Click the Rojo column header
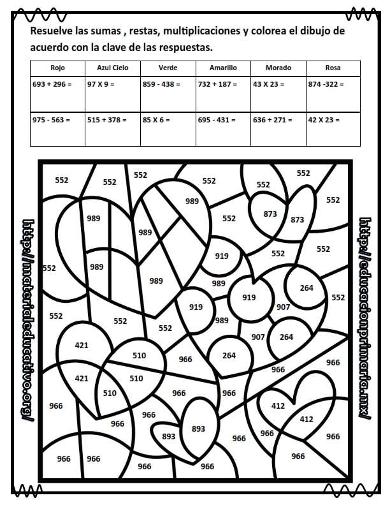coord(58,68)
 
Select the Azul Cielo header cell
coord(113,68)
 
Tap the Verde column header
coord(168,68)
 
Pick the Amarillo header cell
coord(223,68)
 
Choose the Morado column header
coord(278,68)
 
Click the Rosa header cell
coord(333,68)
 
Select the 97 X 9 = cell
coord(101,84)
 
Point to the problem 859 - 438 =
coord(162,84)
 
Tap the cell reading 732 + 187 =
coord(217,84)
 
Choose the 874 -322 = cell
coord(326,84)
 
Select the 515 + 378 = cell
coord(107,119)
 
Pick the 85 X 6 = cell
coord(157,119)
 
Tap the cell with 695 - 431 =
coord(217,119)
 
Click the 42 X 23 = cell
coord(324,119)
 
